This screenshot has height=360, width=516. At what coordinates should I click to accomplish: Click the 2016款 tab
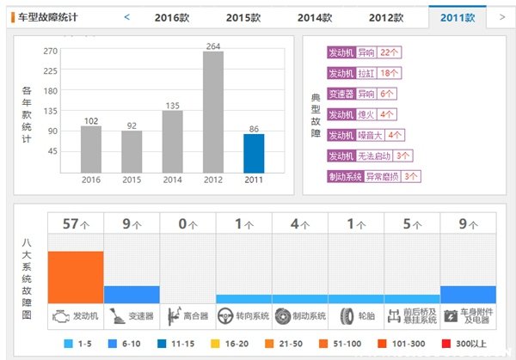pyautogui.click(x=173, y=17)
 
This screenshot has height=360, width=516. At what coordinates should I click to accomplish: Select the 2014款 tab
pyautogui.click(x=316, y=17)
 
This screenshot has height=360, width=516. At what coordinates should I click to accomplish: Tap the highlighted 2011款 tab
pyautogui.click(x=458, y=17)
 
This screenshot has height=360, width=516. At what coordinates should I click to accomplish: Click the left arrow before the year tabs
pyautogui.click(x=127, y=16)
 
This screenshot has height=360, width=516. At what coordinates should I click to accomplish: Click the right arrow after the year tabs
pyautogui.click(x=501, y=16)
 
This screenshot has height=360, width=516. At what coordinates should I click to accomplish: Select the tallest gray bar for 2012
pyautogui.click(x=213, y=112)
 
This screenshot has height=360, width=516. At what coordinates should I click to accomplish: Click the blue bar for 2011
pyautogui.click(x=254, y=153)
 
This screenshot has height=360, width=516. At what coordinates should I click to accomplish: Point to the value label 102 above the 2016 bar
pyautogui.click(x=91, y=121)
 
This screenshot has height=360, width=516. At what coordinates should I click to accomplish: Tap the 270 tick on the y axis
pyautogui.click(x=49, y=52)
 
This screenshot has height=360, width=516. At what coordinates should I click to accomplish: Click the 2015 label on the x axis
pyautogui.click(x=132, y=180)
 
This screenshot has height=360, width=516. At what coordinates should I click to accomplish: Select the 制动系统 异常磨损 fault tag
pyautogui.click(x=374, y=176)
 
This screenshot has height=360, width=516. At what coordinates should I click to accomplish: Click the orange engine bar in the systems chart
pyautogui.click(x=76, y=277)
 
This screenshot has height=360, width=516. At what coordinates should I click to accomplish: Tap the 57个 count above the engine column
pyautogui.click(x=76, y=224)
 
